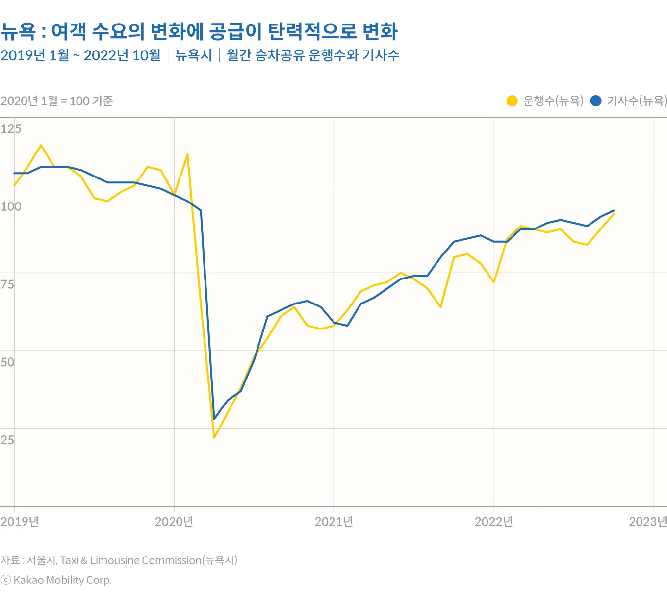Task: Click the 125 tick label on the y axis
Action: coord(11,129)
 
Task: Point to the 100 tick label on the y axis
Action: coord(11,206)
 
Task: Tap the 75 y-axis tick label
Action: coord(7,284)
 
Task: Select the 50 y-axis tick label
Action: coord(7,362)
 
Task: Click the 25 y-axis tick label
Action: coord(7,440)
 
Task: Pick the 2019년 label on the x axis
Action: coord(20,521)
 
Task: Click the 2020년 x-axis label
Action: coord(174,521)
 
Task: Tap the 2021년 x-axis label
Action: coord(334,521)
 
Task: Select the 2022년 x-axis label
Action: coord(494,521)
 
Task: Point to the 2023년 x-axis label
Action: coord(648,521)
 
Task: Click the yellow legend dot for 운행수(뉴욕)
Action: coord(512,101)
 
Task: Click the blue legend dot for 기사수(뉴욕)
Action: coord(596,101)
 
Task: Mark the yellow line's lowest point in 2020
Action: coord(214,437)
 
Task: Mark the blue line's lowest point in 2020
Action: coord(214,419)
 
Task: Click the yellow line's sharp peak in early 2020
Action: coord(187,155)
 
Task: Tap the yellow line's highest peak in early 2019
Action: coord(41,145)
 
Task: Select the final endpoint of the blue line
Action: coord(614,210)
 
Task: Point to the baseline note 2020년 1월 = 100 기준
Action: coord(57,101)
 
